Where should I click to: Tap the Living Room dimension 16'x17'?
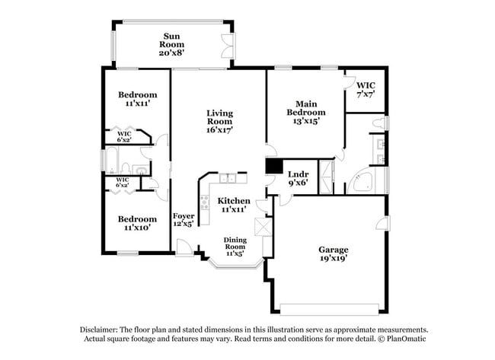(x=219, y=130)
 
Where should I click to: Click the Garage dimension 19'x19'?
(x=333, y=259)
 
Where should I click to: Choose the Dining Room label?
(x=235, y=244)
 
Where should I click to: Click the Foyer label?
(x=184, y=216)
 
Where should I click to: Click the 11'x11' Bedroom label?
(x=137, y=95)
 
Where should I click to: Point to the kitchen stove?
(x=204, y=202)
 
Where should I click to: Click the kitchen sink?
(x=227, y=179)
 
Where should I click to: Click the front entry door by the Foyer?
(x=184, y=247)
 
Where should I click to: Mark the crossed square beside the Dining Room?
(x=265, y=228)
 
